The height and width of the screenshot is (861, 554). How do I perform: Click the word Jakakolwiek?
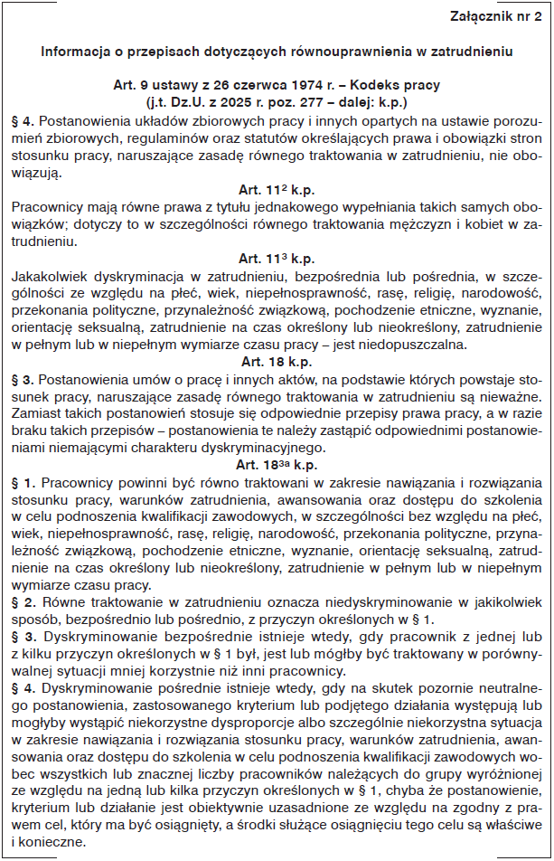(51, 275)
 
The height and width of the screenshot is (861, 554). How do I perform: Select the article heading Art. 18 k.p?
(276, 361)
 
